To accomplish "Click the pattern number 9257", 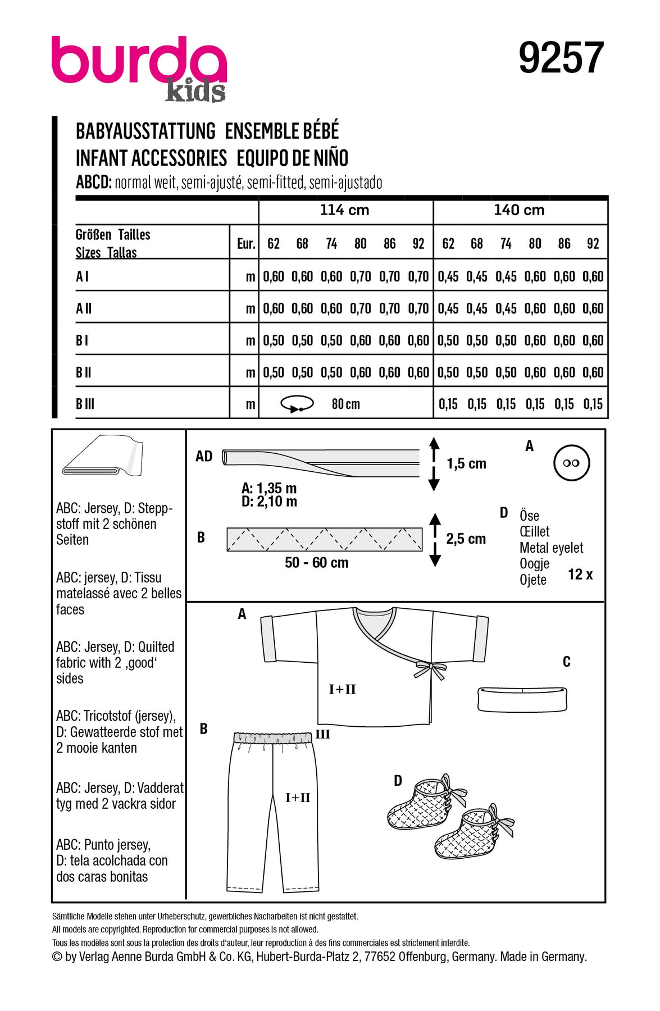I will pyautogui.click(x=561, y=58).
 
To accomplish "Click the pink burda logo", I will pyautogui.click(x=138, y=61).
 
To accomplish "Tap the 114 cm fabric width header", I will pyautogui.click(x=344, y=210).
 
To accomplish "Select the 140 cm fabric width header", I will pyautogui.click(x=519, y=210).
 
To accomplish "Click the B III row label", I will pyautogui.click(x=85, y=404).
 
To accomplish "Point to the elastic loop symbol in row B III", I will pyautogui.click(x=297, y=404).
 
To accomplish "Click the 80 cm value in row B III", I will pyautogui.click(x=345, y=404).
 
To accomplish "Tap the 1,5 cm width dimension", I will pyautogui.click(x=466, y=464).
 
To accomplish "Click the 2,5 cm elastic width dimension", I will pyautogui.click(x=466, y=539).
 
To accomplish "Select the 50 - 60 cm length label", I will pyautogui.click(x=316, y=563).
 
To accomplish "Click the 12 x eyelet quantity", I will pyautogui.click(x=580, y=575).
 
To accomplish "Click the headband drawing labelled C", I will pyautogui.click(x=522, y=699).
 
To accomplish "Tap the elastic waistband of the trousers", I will pyautogui.click(x=272, y=737).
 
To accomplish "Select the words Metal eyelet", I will pyautogui.click(x=551, y=548).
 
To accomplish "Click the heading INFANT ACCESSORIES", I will pyautogui.click(x=151, y=158).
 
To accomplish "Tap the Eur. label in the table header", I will pyautogui.click(x=246, y=244).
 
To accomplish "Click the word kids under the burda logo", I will pyautogui.click(x=195, y=91).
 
